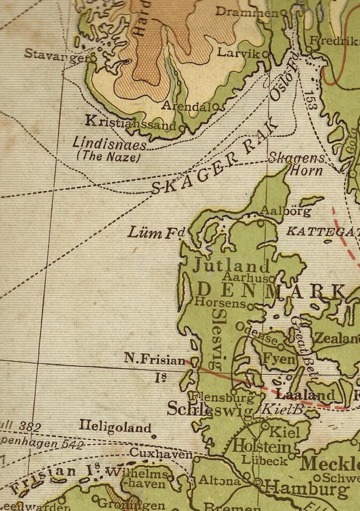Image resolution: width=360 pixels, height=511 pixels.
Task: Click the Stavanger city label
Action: [x=56, y=54]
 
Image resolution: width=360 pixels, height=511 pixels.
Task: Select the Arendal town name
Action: [x=186, y=106]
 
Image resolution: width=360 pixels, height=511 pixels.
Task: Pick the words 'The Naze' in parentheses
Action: [x=108, y=156]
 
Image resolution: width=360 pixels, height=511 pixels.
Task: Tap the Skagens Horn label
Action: [x=298, y=164]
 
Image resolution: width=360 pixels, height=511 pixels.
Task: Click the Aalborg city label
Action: [x=286, y=211]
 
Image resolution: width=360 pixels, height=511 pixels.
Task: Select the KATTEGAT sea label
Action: [x=323, y=231]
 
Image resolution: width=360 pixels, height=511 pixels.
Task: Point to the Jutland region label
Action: [x=231, y=265]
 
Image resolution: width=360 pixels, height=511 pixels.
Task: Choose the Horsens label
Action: [x=220, y=303]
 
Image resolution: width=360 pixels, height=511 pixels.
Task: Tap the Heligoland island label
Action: [x=115, y=428]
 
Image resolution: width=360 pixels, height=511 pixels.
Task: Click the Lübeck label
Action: [x=261, y=460]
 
